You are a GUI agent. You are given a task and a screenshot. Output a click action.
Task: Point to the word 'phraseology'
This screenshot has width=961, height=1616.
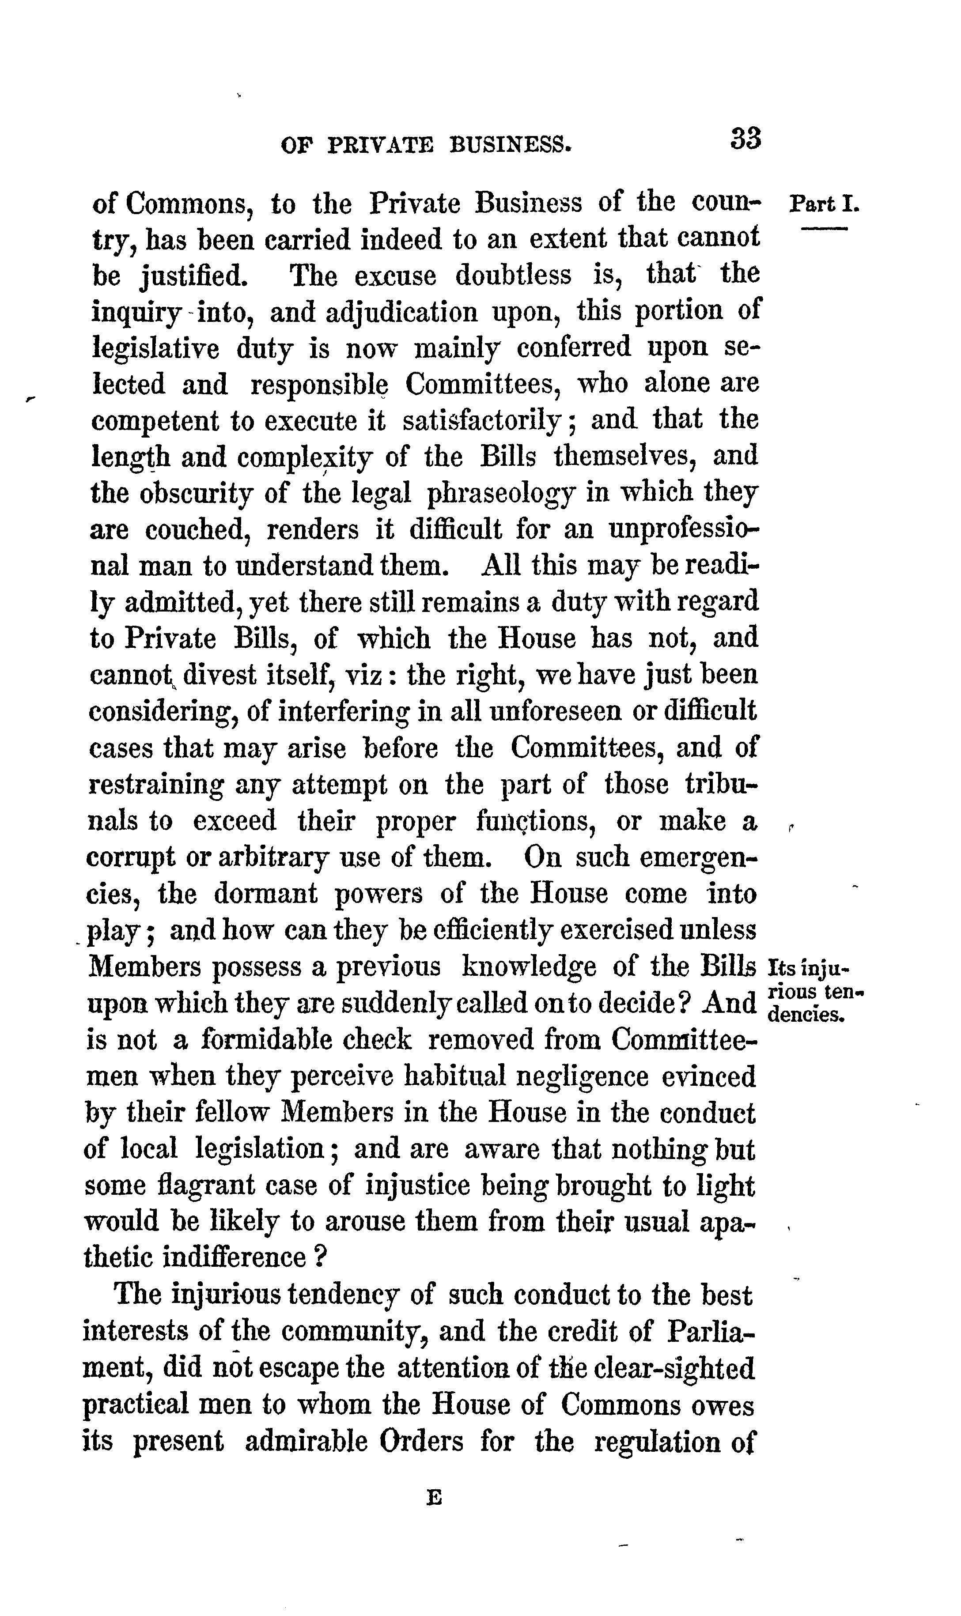point(500,494)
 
